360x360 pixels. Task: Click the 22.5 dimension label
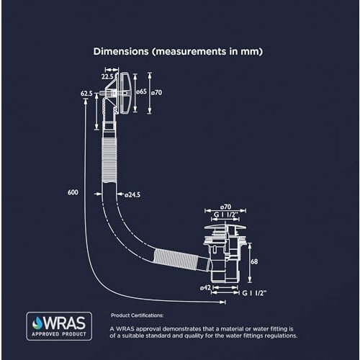click(107, 77)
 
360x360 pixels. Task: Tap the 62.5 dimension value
click(86, 94)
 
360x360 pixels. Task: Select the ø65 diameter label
click(141, 91)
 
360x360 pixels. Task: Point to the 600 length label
click(73, 192)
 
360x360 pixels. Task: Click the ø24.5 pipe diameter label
click(132, 194)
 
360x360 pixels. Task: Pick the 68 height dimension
click(254, 261)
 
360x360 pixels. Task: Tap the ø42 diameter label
click(205, 287)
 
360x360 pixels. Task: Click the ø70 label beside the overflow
click(156, 92)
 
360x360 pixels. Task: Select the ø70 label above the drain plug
click(225, 207)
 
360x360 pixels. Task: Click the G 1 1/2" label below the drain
click(254, 293)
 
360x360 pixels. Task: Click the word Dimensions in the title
click(121, 51)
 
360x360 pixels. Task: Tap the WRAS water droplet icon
click(37, 323)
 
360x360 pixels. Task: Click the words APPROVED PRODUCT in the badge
click(59, 334)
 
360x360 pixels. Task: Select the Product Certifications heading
click(138, 315)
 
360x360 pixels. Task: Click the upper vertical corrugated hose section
click(109, 160)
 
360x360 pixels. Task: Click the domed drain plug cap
click(225, 227)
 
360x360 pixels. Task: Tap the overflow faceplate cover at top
click(125, 93)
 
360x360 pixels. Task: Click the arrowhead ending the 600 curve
click(223, 302)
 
